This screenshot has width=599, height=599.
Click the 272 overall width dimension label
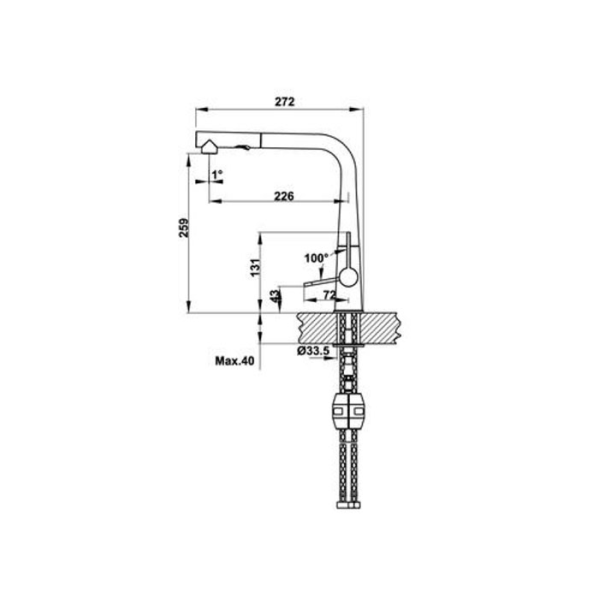285,102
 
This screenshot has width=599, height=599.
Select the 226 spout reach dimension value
284,196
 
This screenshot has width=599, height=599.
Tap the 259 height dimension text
184,228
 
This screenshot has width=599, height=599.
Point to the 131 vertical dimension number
255,267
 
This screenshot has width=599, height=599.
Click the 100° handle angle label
317,258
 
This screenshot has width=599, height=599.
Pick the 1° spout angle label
217,175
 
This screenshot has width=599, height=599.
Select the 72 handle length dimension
329,294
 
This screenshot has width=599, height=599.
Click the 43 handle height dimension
275,296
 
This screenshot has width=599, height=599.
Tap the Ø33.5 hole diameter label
313,350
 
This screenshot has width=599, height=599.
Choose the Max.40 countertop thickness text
234,360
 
